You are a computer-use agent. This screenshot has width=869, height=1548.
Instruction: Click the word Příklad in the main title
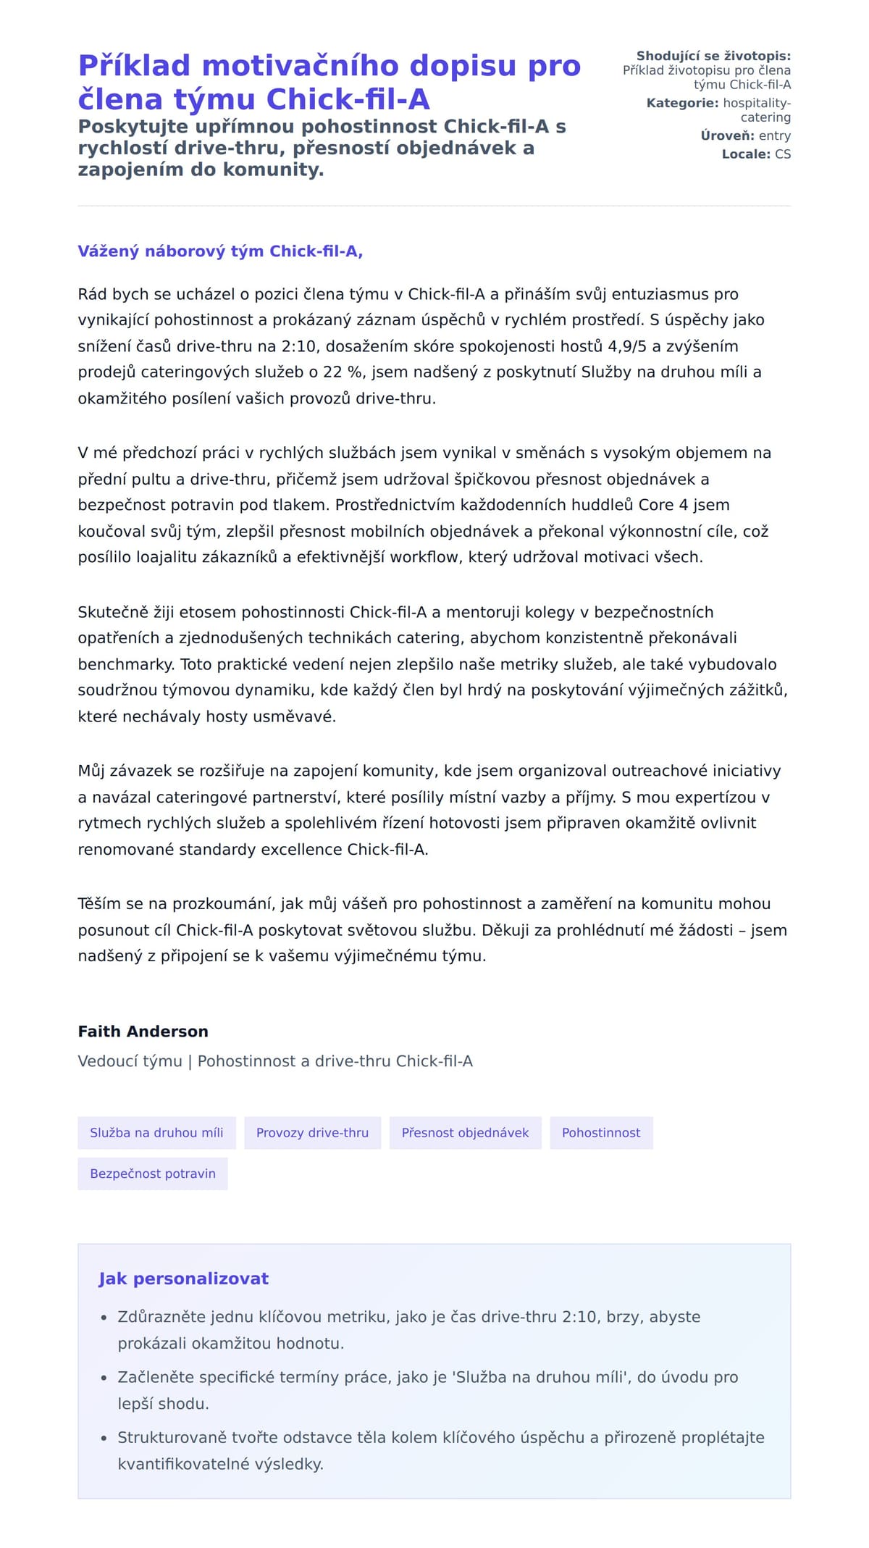[x=134, y=66]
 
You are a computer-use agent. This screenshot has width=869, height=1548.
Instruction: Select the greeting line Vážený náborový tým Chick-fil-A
[x=220, y=251]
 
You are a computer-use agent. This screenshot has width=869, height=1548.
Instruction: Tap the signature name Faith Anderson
[x=143, y=1032]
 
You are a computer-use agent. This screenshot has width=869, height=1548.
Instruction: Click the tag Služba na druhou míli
[x=156, y=1133]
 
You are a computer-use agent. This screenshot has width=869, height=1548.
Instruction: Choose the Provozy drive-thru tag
[x=312, y=1133]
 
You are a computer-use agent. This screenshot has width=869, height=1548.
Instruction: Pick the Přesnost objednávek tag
[x=465, y=1133]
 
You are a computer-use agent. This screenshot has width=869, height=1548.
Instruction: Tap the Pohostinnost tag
[x=601, y=1133]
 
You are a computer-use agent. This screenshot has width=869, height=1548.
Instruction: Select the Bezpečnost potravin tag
[x=153, y=1173]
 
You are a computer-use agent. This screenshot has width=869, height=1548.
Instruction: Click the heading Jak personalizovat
[x=183, y=1279]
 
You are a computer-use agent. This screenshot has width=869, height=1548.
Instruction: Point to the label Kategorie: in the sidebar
[x=682, y=103]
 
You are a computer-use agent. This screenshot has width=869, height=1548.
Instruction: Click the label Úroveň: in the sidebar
[x=727, y=135]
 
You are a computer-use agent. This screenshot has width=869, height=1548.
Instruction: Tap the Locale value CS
[x=783, y=154]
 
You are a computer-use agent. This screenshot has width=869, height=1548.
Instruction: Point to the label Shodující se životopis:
[x=713, y=56]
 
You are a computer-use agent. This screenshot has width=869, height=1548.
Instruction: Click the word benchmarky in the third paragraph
[x=126, y=664]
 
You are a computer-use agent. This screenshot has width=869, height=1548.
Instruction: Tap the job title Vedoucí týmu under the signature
[x=130, y=1061]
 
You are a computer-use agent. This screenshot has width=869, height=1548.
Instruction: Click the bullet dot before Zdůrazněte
[x=104, y=1318]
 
